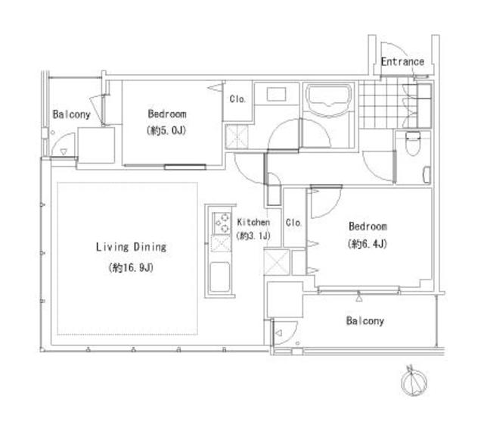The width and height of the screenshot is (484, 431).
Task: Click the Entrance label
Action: tap(402, 62)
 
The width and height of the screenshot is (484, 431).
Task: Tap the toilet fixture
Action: tap(413, 143)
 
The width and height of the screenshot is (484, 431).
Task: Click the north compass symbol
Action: tap(414, 381)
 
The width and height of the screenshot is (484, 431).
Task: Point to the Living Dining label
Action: tap(131, 247)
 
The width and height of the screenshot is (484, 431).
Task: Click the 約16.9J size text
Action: tap(131, 267)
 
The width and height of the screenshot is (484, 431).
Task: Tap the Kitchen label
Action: tap(253, 222)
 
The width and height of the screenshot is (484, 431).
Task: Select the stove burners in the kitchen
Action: tap(222, 223)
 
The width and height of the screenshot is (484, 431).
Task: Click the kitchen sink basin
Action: tap(220, 277)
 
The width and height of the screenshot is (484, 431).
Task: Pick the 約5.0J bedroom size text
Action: tap(166, 130)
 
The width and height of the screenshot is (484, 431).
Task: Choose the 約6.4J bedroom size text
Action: tap(368, 244)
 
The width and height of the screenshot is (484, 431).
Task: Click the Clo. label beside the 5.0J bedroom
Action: tap(237, 99)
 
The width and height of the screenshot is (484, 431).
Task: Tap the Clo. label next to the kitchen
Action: tap(293, 222)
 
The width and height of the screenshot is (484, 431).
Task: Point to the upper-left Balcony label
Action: tap(71, 114)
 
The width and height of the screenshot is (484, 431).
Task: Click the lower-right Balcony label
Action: tap(365, 321)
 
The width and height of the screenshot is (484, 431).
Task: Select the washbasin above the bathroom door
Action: tap(276, 94)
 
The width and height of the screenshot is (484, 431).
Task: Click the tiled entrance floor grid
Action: tap(382, 105)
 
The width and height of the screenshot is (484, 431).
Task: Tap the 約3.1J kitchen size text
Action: tap(253, 236)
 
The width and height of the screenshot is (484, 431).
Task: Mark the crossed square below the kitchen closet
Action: tap(277, 262)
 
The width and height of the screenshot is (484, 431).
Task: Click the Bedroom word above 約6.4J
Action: tap(368, 226)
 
